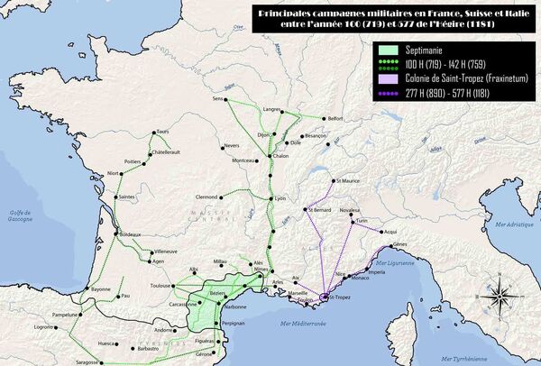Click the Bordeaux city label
tap(129, 233)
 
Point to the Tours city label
tap(163, 132)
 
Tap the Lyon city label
tap(280, 198)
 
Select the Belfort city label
tap(336, 118)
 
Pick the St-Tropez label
tap(339, 297)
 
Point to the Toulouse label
tap(160, 285)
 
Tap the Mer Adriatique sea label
tap(504, 221)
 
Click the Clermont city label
tap(207, 196)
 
